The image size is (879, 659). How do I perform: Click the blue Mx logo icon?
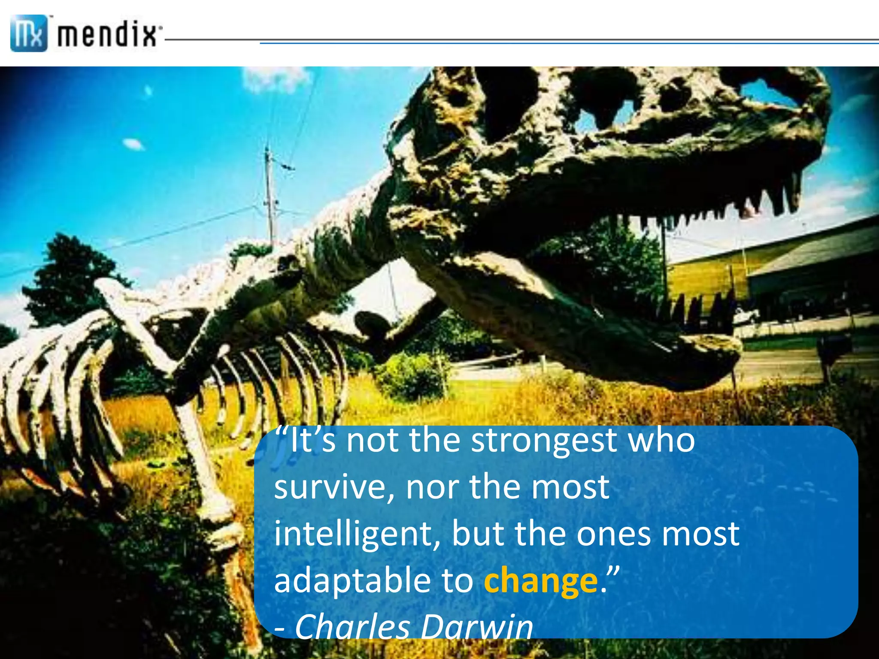(x=28, y=33)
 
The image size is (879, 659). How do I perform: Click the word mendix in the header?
(x=107, y=34)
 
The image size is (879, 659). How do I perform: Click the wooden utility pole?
(x=270, y=193)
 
